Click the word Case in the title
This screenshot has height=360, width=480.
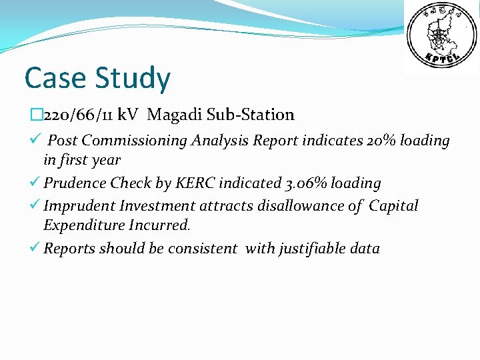55,78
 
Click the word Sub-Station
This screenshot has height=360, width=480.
251,115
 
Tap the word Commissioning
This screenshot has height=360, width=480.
134,141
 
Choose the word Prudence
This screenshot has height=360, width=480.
75,183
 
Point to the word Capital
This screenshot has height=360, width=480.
393,206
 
